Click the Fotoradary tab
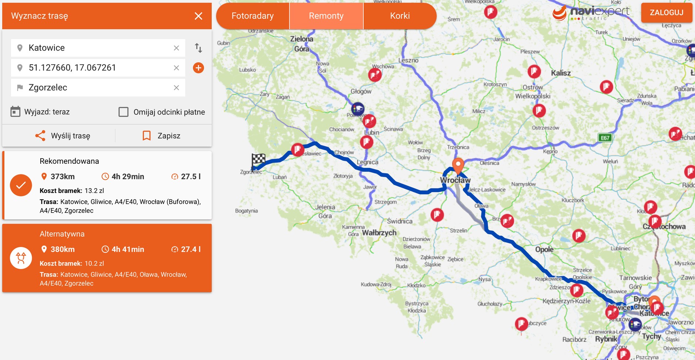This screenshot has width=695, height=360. (x=252, y=16)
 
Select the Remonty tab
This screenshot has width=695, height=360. (x=326, y=16)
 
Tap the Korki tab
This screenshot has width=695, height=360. (x=400, y=16)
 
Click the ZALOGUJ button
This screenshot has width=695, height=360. (x=667, y=13)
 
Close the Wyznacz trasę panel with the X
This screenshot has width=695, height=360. (x=199, y=16)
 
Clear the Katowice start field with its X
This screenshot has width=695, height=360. (x=176, y=48)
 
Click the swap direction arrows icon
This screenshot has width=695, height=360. (x=199, y=48)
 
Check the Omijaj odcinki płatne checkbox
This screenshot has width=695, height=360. (x=123, y=112)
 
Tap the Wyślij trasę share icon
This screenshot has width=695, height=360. (x=40, y=136)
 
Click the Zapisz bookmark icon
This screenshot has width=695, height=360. (x=147, y=136)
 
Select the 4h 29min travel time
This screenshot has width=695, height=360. (x=128, y=177)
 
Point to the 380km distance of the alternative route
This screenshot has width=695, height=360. (x=62, y=249)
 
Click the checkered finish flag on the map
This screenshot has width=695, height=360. (x=258, y=160)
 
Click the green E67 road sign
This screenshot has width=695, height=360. (x=605, y=138)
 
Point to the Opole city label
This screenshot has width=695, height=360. (x=544, y=249)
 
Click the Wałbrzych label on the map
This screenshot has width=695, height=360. (x=379, y=233)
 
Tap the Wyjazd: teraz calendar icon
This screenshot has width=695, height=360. (x=16, y=112)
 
